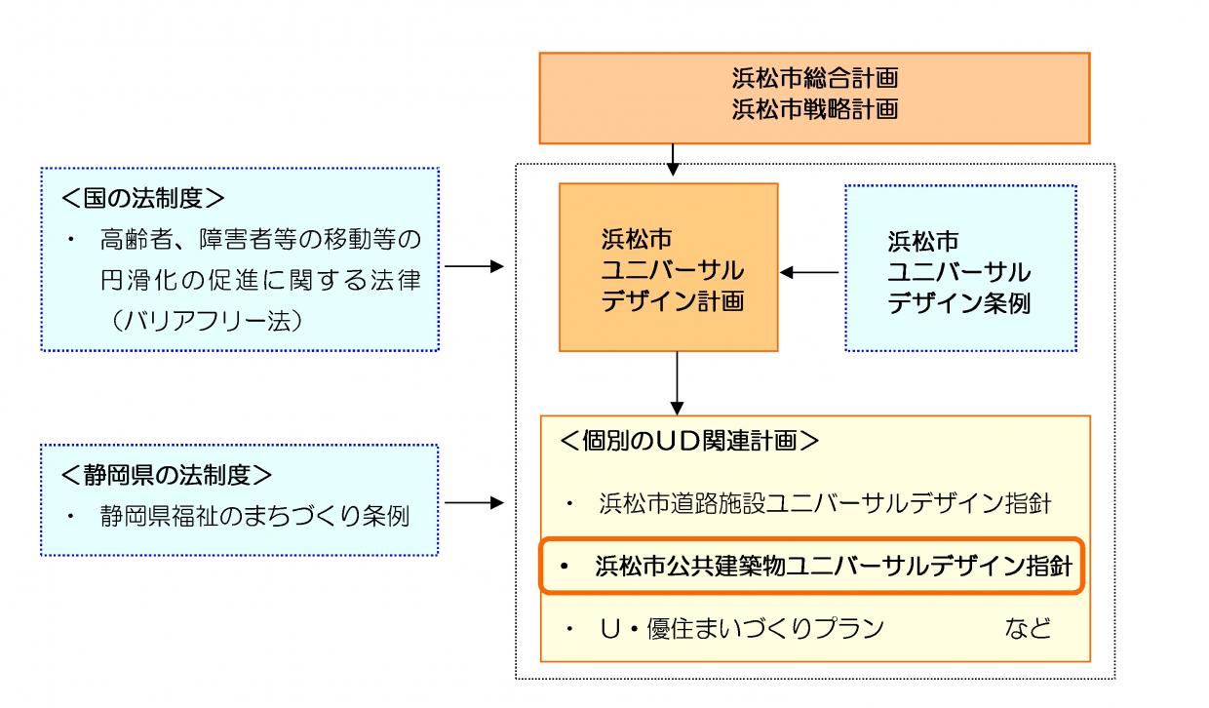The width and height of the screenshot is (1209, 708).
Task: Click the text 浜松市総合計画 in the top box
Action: (x=815, y=79)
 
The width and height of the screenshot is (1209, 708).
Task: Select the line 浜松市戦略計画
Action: (x=815, y=108)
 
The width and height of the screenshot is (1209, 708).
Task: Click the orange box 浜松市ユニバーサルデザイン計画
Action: (x=668, y=267)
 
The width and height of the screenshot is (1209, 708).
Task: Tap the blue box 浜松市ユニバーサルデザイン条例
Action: (x=960, y=267)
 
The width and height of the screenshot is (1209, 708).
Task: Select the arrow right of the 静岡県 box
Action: (x=474, y=503)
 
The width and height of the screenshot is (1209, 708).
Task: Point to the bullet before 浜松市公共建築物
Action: (x=564, y=567)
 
